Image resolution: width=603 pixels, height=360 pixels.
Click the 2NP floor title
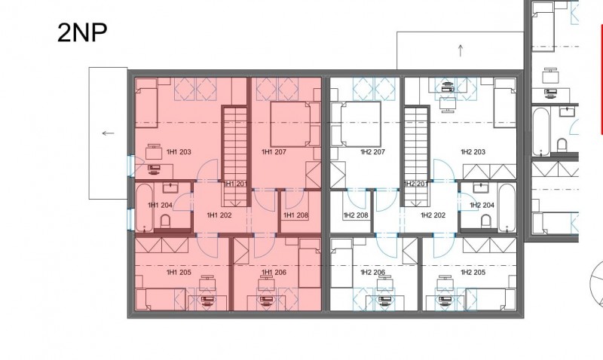[x=82, y=32]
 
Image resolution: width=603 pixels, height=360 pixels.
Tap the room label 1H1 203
[x=179, y=152]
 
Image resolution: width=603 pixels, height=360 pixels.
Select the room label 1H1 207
[x=274, y=152]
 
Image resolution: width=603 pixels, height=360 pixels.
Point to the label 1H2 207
[x=372, y=152]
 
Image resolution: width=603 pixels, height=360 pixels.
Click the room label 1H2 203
[x=473, y=152]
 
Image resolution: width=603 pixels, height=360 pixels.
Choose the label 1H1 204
[x=160, y=205]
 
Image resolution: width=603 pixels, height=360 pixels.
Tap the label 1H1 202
[x=219, y=215]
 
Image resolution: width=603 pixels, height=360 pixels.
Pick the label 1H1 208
[x=295, y=215]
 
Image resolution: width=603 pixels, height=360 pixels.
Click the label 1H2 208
[x=356, y=215]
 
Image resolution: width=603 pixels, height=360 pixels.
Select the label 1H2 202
[x=433, y=215]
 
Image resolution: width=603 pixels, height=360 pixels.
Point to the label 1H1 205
[x=179, y=273]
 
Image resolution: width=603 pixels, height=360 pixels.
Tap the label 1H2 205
[x=473, y=273]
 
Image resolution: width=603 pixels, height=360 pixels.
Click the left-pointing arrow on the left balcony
[x=108, y=133]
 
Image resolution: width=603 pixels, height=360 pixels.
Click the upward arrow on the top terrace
[x=461, y=50]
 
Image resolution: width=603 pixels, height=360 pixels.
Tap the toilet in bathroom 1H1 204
[x=165, y=221]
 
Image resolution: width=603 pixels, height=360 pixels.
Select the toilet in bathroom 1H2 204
[x=486, y=221]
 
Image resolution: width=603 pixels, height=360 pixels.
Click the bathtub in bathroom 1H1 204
[x=145, y=208]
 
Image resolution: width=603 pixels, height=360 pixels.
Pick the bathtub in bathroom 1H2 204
[x=507, y=208]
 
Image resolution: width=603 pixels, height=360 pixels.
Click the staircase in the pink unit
[x=235, y=156]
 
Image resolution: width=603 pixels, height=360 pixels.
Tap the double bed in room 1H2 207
[x=356, y=124]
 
